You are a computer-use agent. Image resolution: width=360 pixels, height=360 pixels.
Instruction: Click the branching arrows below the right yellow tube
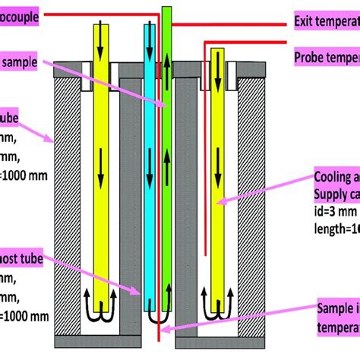coord(218,305)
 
